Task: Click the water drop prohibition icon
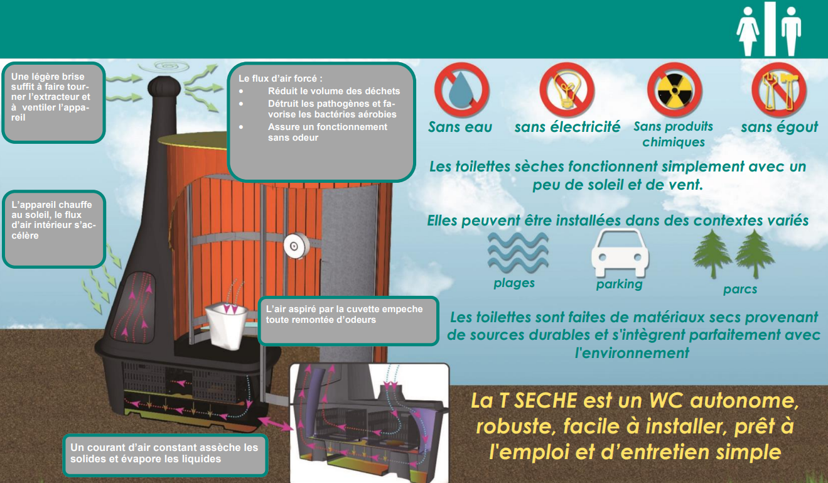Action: (x=461, y=90)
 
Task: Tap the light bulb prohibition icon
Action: (x=567, y=90)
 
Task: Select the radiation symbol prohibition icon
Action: (x=674, y=90)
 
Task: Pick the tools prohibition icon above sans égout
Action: (x=779, y=90)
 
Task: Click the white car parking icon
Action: (x=620, y=253)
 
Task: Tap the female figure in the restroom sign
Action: (x=748, y=31)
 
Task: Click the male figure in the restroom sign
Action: (x=791, y=31)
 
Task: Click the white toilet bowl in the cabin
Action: (x=226, y=325)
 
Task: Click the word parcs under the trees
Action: (x=740, y=289)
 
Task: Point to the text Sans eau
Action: (x=460, y=127)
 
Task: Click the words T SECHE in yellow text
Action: (x=538, y=401)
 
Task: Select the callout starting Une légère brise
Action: (x=53, y=103)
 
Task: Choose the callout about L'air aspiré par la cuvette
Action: (x=348, y=321)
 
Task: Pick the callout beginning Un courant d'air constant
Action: (x=165, y=455)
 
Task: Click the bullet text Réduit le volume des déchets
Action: (x=334, y=91)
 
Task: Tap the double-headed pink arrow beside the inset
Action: (x=276, y=424)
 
